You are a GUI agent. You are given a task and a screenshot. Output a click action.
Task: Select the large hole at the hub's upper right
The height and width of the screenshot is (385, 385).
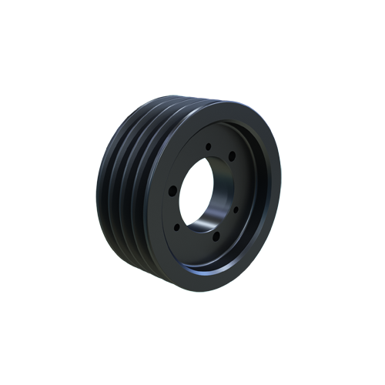[x=231, y=157]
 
